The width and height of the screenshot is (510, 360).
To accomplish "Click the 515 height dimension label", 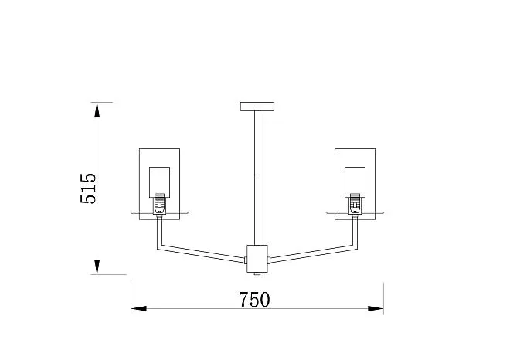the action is tap(88, 188).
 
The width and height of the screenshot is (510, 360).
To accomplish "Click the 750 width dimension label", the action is tap(254, 300).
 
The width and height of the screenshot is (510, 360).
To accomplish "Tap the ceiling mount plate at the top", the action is tap(257, 107).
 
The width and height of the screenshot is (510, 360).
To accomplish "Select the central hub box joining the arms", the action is tap(257, 259).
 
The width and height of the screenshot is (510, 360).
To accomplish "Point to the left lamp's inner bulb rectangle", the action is tap(159, 182).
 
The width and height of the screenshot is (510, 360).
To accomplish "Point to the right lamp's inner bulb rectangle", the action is tap(355, 182).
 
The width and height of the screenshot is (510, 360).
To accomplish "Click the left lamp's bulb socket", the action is tap(159, 204).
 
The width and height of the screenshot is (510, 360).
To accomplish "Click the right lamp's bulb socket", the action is tap(355, 204).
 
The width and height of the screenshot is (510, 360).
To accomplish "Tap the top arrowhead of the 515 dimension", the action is tap(97, 110).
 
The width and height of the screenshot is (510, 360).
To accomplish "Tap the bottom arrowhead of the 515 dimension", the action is tap(97, 267).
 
